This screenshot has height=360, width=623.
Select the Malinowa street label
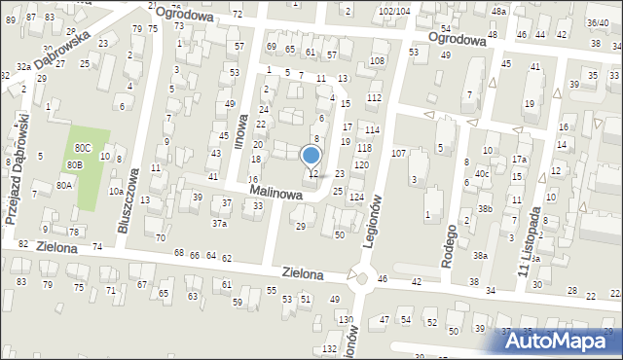point(275,195)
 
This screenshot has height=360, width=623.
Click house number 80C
point(83,148)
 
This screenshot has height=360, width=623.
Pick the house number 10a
point(115,192)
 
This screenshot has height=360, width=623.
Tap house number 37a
point(220,224)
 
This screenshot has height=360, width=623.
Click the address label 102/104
point(394,10)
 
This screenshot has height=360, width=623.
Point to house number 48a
point(499,11)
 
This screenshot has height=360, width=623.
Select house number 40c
point(481,173)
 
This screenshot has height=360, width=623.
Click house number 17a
point(520,160)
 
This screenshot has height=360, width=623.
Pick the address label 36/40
point(597,22)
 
